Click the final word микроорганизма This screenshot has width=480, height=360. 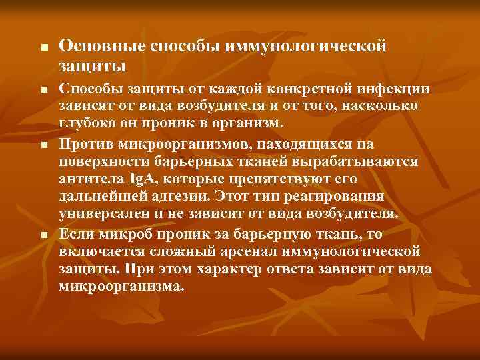pos(120,287)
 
